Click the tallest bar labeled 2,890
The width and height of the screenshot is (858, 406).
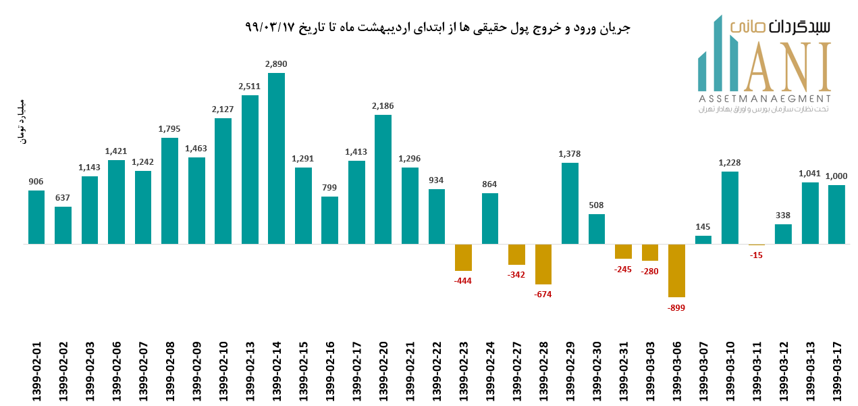tap(276, 158)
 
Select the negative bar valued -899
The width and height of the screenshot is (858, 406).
tap(676, 270)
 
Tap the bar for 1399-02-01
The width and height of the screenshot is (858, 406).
tap(36, 217)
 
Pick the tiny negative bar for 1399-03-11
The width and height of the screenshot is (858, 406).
tap(757, 245)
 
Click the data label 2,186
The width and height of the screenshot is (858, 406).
tap(383, 106)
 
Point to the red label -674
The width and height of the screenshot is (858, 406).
tap(543, 295)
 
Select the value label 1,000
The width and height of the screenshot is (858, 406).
tap(836, 176)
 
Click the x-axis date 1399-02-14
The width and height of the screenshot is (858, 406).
tap(277, 371)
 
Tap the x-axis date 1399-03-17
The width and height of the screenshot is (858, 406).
tap(837, 371)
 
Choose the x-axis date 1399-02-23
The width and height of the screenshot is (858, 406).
tap(464, 371)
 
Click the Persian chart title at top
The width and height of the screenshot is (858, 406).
tap(437, 28)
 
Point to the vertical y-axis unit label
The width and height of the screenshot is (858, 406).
tap(20, 122)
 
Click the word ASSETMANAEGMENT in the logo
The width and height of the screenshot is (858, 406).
tap(764, 99)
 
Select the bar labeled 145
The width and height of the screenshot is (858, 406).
tap(703, 240)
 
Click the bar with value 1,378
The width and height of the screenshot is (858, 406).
tap(570, 203)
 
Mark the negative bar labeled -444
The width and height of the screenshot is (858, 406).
tap(463, 257)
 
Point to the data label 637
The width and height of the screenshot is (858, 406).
tap(63, 197)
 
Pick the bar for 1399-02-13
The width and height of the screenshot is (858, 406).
tap(250, 170)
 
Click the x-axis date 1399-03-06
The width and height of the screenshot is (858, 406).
tap(677, 371)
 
